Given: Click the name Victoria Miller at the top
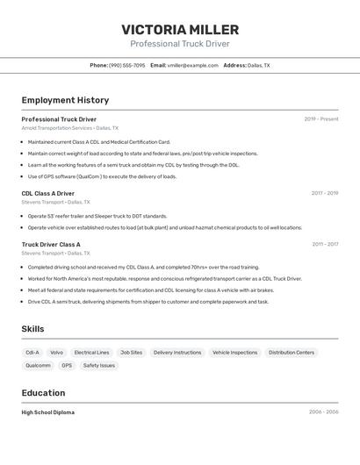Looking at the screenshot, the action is (180, 30).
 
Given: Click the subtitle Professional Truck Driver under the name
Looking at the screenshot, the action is (180, 44).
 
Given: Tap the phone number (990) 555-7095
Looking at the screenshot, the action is (127, 65).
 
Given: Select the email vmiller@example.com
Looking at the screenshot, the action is (192, 65).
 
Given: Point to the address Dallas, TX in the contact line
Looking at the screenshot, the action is (258, 65).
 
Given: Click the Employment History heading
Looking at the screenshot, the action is (65, 100).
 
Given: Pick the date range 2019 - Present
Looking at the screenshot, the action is (320, 118).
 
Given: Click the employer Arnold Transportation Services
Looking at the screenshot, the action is (57, 128).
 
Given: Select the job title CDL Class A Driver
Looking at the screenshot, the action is (48, 193).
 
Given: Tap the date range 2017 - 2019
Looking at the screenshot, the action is (324, 193).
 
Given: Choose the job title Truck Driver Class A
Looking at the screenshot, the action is (51, 245).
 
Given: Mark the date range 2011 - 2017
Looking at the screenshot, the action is (324, 245).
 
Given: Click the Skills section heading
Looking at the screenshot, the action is (33, 329).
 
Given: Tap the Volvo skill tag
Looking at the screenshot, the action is (56, 353).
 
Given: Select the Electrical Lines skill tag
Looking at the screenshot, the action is (91, 353).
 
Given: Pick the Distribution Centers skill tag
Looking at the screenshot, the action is (292, 353).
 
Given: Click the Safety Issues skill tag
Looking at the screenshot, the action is (99, 366).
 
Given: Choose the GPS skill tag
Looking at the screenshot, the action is (67, 366).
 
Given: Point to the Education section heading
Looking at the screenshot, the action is (43, 393).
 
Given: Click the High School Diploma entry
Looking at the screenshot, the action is (48, 412).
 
